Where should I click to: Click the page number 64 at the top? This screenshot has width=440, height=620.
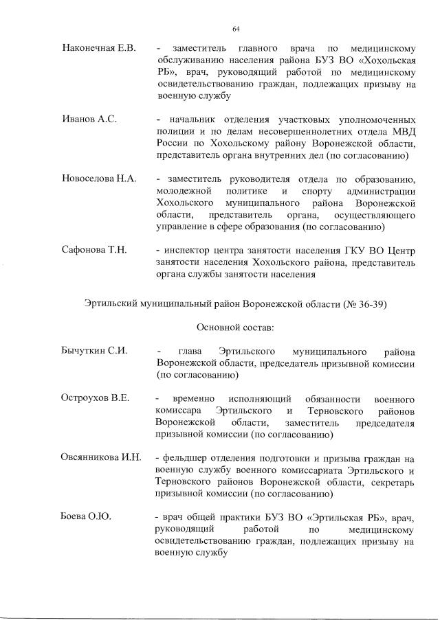coord(236,28)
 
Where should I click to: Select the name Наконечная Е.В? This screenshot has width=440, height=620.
coord(99,49)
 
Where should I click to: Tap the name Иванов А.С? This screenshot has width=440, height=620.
coord(89,119)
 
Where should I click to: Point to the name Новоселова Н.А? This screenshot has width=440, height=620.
coord(100,179)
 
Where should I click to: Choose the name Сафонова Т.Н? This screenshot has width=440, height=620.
coord(94,249)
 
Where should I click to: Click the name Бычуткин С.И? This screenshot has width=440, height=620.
coord(95,350)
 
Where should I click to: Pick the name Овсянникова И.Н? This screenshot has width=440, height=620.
coord(101,457)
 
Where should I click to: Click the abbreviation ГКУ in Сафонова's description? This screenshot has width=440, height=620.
coord(355,250)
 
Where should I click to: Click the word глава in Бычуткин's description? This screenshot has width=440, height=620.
coord(190,350)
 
